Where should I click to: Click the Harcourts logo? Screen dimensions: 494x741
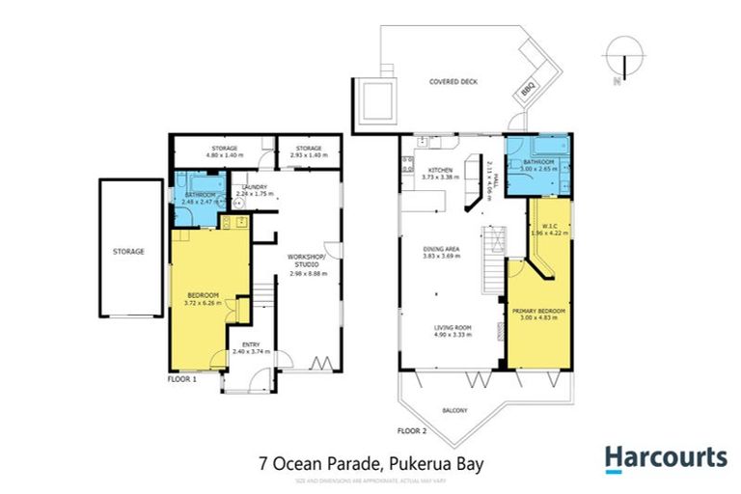[x=666, y=457]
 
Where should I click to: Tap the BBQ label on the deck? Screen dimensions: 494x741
[x=527, y=89]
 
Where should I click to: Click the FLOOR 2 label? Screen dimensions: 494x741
[x=411, y=429]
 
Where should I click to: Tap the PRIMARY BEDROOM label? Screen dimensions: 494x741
[x=539, y=310]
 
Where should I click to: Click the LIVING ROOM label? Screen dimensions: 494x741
[x=452, y=328]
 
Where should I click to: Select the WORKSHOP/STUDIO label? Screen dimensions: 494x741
[x=309, y=261]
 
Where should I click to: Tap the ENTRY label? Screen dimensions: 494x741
[x=250, y=344]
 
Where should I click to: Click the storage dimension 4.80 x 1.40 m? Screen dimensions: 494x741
[x=224, y=155]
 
